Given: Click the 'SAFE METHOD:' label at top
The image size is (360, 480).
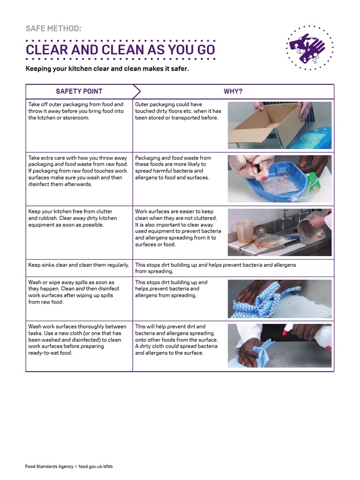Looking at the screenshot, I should tap(53, 29).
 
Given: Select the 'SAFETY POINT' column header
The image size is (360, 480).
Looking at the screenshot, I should tap(79, 91).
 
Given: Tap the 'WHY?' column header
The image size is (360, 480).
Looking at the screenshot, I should tap(233, 91).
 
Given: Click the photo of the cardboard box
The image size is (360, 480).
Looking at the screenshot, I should tap(279, 125).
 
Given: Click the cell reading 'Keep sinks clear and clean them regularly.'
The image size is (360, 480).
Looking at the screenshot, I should tap(79, 265).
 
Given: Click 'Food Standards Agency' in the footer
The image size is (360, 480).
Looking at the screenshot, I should tap(49, 466).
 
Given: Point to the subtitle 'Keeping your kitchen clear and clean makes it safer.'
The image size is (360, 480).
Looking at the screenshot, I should tap(107, 69).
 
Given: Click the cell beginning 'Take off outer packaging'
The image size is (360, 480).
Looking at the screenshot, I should tap(76, 111).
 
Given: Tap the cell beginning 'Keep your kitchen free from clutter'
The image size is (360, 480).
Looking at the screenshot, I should tap(73, 218).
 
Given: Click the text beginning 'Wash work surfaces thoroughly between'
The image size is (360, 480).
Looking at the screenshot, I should tap(77, 339).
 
